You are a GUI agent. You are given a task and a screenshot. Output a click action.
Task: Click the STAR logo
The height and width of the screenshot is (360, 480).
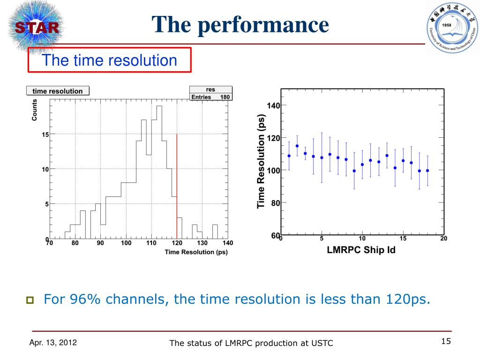click(35, 27)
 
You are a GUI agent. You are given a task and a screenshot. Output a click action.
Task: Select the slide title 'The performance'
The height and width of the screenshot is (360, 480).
click(240, 24)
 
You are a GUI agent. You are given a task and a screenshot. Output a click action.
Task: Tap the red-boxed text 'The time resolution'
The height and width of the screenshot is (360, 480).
click(110, 60)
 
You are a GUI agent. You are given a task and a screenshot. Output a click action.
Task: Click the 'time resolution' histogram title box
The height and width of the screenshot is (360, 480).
click(58, 91)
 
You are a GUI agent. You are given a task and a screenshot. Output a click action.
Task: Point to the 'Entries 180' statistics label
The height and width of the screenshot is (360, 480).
click(210, 97)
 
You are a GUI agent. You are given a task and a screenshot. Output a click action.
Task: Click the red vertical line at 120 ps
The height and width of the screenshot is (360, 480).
click(177, 187)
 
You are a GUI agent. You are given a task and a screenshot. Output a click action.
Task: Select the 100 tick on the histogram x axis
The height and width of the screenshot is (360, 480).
click(126, 243)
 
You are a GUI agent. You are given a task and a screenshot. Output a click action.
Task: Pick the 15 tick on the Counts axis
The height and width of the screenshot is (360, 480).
click(45, 135)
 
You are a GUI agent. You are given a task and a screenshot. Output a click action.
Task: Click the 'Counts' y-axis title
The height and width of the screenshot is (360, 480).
click(34, 110)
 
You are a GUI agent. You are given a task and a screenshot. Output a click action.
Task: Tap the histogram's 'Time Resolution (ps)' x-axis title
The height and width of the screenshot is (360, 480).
click(196, 253)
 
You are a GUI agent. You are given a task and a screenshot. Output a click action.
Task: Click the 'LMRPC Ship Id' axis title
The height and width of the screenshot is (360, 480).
click(360, 250)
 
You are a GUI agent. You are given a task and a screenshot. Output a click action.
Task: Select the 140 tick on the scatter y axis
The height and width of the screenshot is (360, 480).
click(273, 105)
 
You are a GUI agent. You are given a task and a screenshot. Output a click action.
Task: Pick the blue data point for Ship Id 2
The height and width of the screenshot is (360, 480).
click(297, 146)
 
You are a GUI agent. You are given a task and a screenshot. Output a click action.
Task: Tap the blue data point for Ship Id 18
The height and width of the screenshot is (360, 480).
click(427, 171)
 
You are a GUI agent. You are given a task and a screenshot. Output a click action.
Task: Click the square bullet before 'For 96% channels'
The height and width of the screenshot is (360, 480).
click(30, 300)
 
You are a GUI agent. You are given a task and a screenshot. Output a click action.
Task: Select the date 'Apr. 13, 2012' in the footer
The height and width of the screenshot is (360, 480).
click(53, 343)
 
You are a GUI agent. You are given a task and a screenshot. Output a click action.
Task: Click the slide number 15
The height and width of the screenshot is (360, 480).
click(446, 341)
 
